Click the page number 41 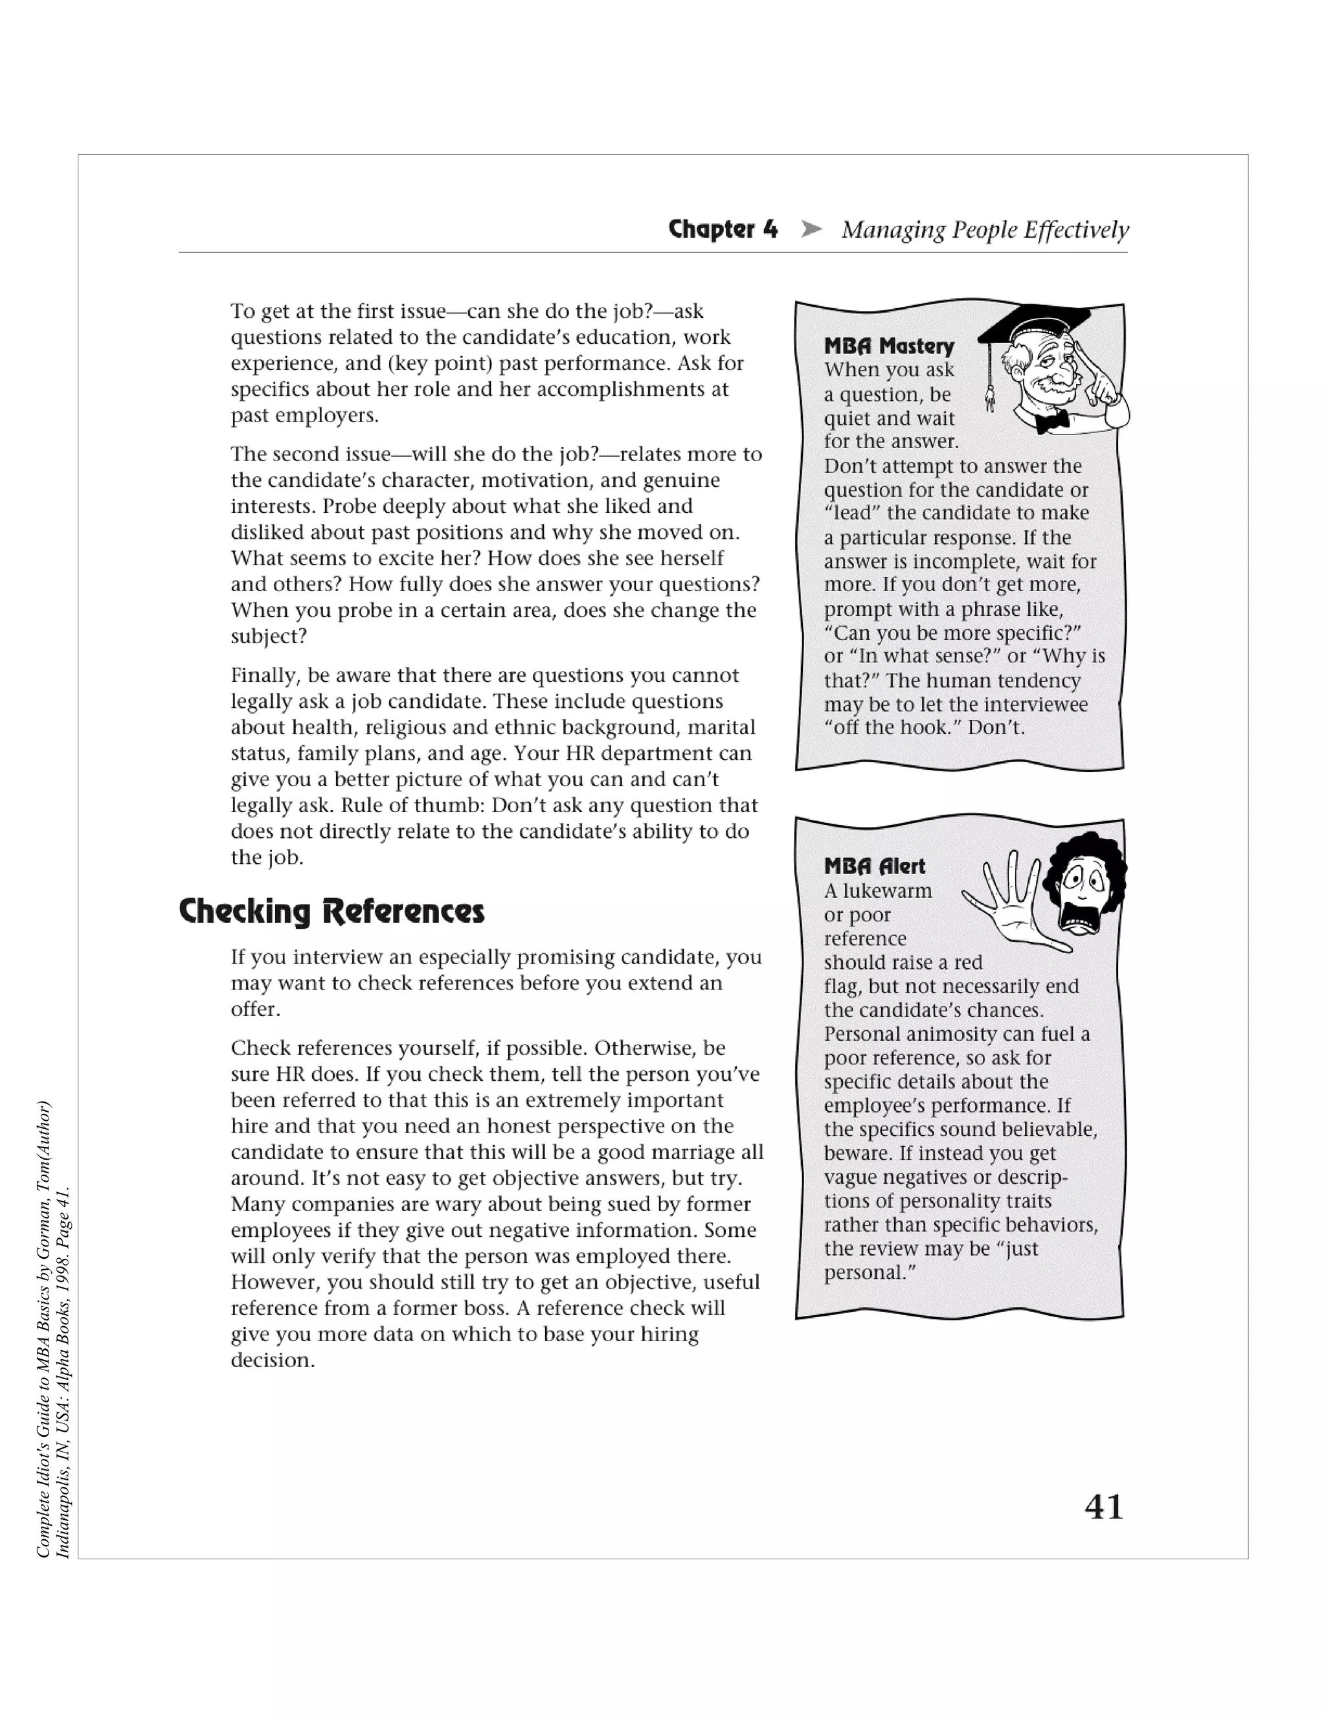[x=1104, y=1506]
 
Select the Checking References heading [x=331, y=912]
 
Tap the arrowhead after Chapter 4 [x=811, y=229]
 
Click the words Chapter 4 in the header [x=723, y=229]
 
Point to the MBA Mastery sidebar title [x=888, y=346]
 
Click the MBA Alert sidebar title [x=874, y=866]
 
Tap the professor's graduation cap [x=1035, y=322]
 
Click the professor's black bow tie [x=1052, y=422]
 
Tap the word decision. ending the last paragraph [x=273, y=1360]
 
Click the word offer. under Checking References [x=255, y=1009]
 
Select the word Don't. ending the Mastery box [x=996, y=728]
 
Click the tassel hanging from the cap [x=990, y=393]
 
